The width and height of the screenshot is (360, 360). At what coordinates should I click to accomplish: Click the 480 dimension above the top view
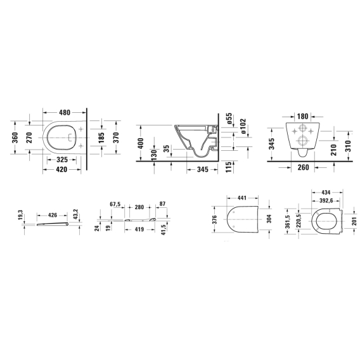pyautogui.click(x=65, y=113)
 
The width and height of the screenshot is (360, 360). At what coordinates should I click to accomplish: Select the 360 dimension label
pyautogui.click(x=15, y=138)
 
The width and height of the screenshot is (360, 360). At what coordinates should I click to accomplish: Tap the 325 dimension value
pyautogui.click(x=62, y=159)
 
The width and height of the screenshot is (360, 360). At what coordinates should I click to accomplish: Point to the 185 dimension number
pyautogui.click(x=101, y=138)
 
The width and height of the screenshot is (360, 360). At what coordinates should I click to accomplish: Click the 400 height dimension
pyautogui.click(x=141, y=143)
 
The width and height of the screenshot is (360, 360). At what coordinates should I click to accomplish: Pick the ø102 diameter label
pyautogui.click(x=243, y=126)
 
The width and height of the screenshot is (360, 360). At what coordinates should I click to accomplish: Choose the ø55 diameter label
pyautogui.click(x=229, y=119)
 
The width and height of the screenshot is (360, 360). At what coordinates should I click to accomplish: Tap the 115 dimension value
pyautogui.click(x=229, y=167)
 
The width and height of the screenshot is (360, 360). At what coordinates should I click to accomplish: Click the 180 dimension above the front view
pyautogui.click(x=302, y=117)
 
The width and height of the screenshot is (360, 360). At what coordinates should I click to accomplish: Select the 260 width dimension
pyautogui.click(x=304, y=167)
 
